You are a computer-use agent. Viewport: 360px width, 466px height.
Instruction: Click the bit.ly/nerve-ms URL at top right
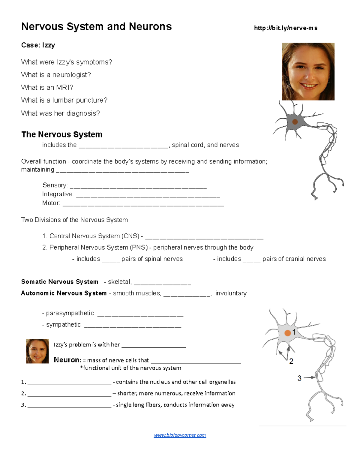click(286, 28)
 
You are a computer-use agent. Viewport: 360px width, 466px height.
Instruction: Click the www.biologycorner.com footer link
click(180, 435)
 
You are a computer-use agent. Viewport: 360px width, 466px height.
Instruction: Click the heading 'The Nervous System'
click(62, 134)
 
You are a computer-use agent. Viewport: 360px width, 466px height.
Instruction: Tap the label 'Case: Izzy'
click(38, 45)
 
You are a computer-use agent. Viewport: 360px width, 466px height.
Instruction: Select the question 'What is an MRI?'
click(47, 88)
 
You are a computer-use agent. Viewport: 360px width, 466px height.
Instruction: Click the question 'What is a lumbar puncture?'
click(64, 100)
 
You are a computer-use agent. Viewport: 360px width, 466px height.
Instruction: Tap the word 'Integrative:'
click(58, 194)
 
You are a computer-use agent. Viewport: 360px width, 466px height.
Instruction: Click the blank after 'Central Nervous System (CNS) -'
click(204, 238)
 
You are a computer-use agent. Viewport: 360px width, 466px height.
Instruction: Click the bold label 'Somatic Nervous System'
click(60, 282)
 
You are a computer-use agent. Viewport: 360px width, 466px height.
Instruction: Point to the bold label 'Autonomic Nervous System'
click(64, 293)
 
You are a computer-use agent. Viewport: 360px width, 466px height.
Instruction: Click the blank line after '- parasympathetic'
click(140, 315)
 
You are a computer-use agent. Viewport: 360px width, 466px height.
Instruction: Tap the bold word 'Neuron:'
click(67, 360)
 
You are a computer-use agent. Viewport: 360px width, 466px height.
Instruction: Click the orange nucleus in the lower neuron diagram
click(287, 333)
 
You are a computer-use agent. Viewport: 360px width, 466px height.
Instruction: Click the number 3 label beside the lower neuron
click(299, 378)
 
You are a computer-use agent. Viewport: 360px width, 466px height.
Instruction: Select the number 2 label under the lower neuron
click(291, 361)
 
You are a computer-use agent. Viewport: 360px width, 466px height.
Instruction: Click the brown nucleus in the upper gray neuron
click(295, 122)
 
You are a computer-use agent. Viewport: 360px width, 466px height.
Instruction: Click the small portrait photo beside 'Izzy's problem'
click(37, 351)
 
